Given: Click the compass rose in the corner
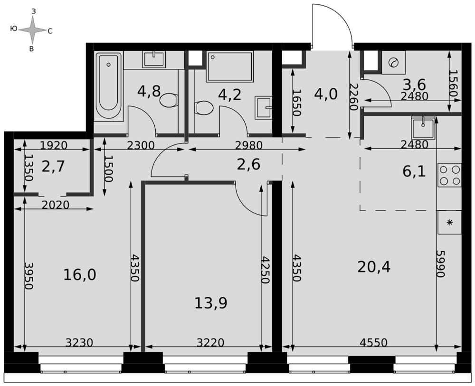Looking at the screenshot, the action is (33, 30).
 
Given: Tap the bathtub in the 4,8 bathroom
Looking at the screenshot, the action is (108, 86).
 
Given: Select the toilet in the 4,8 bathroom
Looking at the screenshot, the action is (169, 100).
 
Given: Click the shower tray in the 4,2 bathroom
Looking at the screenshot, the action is (230, 66).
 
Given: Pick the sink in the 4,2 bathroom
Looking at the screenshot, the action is (263, 107).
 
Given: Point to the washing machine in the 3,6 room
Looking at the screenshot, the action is (393, 63).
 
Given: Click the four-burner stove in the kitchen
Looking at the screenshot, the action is (449, 175).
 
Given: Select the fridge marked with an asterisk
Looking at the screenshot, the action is (449, 223).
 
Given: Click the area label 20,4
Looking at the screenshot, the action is (374, 267).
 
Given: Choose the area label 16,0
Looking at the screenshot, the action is (80, 275).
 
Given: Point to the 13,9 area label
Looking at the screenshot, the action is (210, 303).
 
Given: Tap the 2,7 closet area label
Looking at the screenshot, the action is (53, 167).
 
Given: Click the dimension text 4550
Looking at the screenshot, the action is (373, 342).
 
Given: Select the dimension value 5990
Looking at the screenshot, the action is (440, 264).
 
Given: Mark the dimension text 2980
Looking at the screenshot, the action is (249, 145).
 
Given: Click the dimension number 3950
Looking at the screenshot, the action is (28, 275).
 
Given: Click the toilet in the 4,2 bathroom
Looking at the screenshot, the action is (204, 108).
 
